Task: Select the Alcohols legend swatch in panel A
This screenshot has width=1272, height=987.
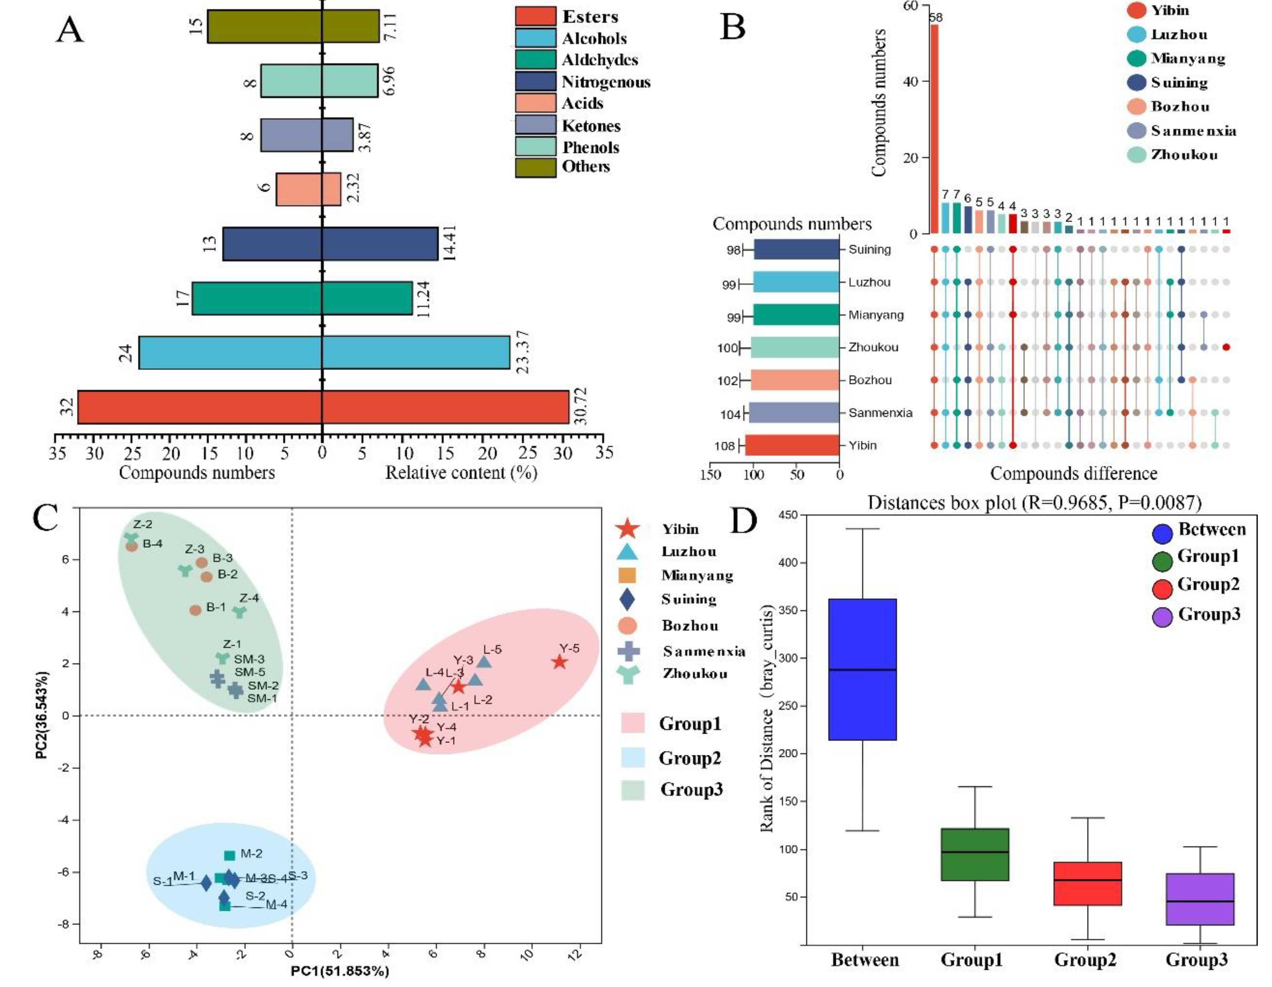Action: point(535,38)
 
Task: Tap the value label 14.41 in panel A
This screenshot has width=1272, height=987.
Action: point(448,243)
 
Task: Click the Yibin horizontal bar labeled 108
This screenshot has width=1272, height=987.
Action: point(792,445)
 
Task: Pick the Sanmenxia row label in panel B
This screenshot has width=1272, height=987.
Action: point(880,413)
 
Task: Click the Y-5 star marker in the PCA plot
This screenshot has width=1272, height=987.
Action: point(559,662)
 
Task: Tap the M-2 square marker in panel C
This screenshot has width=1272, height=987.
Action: point(229,855)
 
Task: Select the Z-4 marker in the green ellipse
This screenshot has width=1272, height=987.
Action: point(239,612)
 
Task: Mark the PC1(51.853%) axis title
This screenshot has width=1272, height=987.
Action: point(340,971)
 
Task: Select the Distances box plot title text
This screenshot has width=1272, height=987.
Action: point(1034,502)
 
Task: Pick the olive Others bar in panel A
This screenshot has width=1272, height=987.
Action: point(293,26)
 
